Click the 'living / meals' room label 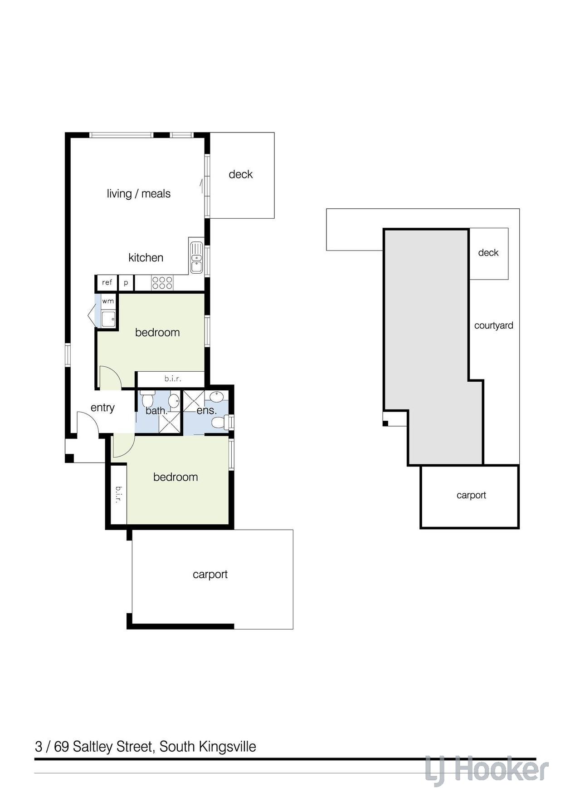pos(139,194)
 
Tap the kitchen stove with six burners pos(162,283)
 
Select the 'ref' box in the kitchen pos(107,282)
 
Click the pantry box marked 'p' pos(126,283)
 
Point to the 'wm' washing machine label pos(108,301)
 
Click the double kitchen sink pos(196,257)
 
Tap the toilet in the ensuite pos(220,423)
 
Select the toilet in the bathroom pos(147,400)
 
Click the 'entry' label pos(102,408)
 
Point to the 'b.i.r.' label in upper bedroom pos(173,379)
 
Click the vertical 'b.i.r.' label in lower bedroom pos(119,495)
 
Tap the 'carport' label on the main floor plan pos(210,575)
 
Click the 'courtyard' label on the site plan pos(494,325)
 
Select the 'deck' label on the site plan pos(488,253)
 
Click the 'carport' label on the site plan pos(471,495)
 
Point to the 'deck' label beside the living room pos(241,174)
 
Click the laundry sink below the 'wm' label pos(108,319)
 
